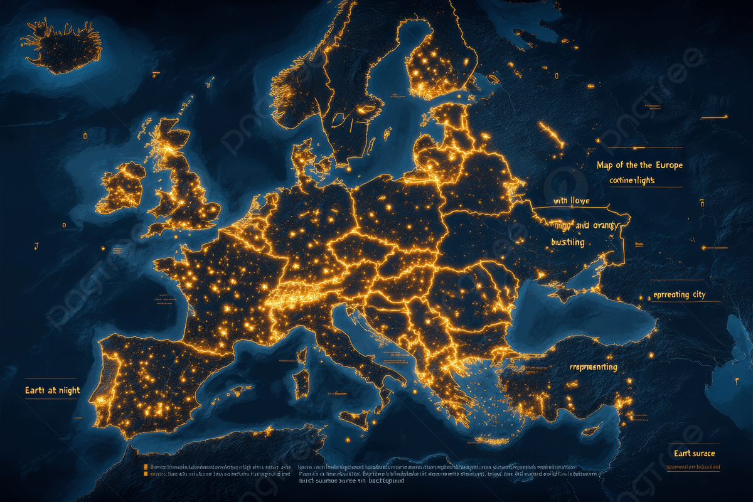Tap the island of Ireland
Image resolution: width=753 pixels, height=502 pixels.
tap(121, 187)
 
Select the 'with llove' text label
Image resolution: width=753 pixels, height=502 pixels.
tap(571, 201)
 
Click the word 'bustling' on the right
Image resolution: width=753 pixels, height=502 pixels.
tap(567, 242)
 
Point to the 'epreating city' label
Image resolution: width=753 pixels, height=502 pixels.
tap(679, 295)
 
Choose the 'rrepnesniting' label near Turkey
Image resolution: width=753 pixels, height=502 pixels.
tap(593, 367)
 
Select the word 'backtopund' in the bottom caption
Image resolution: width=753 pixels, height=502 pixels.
tap(382, 482)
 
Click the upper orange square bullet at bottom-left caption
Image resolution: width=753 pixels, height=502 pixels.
tap(146, 467)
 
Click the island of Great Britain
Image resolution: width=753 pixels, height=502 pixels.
tap(182, 182)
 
